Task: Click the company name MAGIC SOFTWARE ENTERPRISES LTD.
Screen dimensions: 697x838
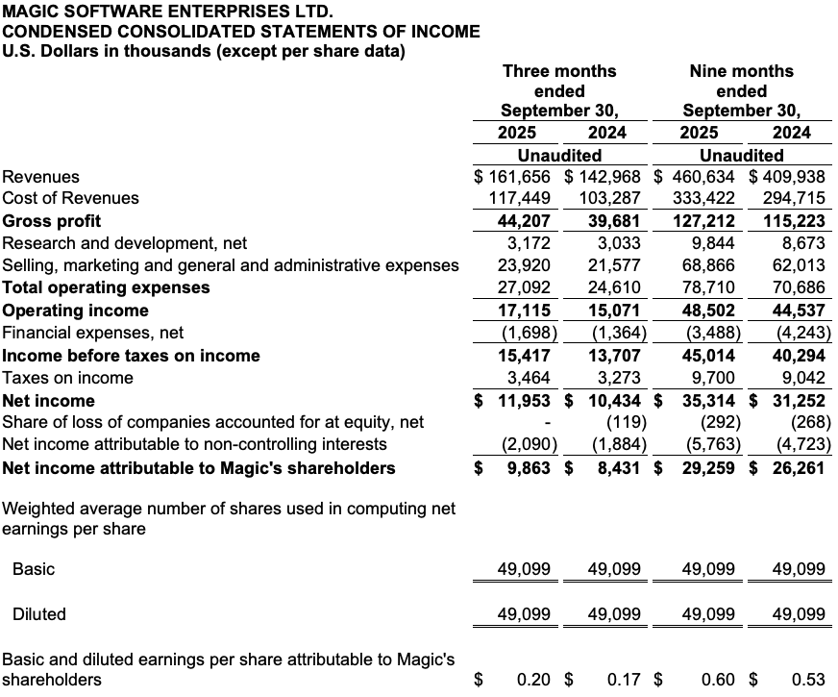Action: point(168,12)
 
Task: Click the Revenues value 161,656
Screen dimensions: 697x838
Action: point(520,177)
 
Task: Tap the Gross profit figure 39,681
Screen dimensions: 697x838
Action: point(616,221)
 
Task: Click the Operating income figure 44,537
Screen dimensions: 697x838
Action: point(799,311)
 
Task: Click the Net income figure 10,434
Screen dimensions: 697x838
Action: point(616,401)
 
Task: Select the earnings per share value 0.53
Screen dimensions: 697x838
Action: point(808,680)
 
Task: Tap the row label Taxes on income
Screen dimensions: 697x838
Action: point(68,378)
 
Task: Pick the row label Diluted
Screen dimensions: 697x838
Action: point(39,614)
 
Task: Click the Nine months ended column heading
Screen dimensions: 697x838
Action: point(741,90)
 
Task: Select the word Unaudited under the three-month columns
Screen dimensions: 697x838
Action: point(559,155)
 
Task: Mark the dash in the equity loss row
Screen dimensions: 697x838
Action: point(546,422)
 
